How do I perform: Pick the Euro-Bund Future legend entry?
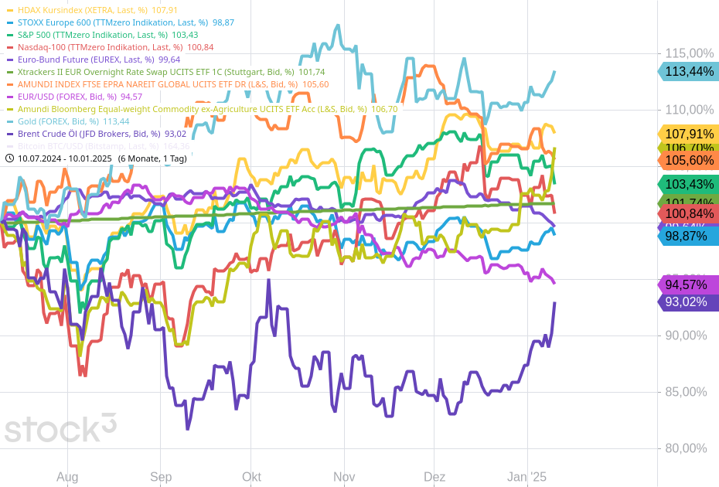[88, 60]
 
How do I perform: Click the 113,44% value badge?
[689, 71]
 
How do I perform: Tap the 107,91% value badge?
[689, 134]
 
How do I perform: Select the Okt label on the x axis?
[251, 477]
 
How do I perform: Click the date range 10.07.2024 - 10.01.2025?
[65, 158]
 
